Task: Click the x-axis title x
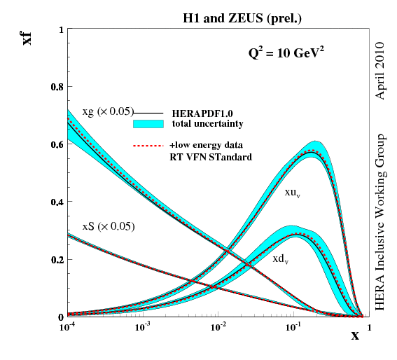[x=355, y=335]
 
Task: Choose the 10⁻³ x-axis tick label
[x=143, y=327]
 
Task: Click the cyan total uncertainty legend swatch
[x=148, y=124]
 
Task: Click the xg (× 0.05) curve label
[x=106, y=111]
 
